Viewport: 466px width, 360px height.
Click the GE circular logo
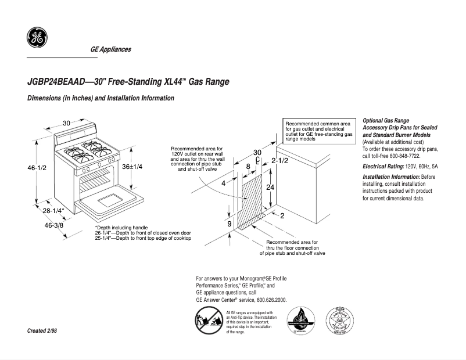(37, 38)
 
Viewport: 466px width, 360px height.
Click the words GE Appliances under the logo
(110, 49)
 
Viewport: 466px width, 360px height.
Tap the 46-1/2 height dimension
(37, 167)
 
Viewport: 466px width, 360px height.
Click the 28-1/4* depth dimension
(53, 211)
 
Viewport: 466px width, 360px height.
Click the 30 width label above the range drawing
(67, 123)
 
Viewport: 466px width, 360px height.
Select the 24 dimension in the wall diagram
(270, 187)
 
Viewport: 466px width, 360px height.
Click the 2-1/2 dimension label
(279, 160)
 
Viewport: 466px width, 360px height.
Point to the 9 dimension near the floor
(230, 224)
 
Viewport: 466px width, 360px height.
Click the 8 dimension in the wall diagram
(248, 166)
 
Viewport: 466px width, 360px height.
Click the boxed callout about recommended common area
(318, 132)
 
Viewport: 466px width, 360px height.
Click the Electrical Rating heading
(383, 167)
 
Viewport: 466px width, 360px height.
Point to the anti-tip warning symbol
(207, 322)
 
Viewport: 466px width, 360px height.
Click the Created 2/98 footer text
(42, 330)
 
